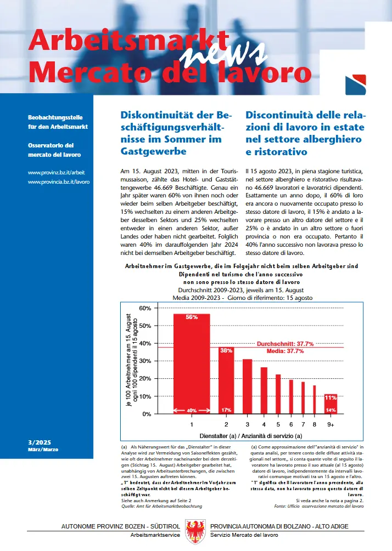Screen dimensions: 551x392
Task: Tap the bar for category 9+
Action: tap(331, 404)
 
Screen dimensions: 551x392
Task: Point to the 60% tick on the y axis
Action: tap(144, 308)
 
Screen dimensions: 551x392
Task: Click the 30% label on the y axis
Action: tap(144, 361)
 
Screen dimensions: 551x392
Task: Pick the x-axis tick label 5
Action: tap(278, 424)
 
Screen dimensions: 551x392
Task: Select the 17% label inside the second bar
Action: tap(226, 410)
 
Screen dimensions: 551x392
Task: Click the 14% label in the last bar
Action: tap(331, 410)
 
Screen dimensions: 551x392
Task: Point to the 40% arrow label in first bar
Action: tap(192, 410)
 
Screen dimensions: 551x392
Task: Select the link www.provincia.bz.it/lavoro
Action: tap(58, 180)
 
